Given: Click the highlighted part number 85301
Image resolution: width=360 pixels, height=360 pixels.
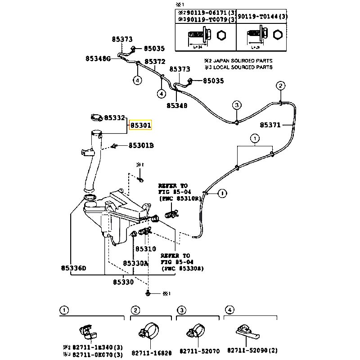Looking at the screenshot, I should pos(141,125).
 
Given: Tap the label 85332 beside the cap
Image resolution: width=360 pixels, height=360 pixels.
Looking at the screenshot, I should pos(114,117).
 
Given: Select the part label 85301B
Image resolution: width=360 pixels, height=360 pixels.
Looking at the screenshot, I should pos(141,145).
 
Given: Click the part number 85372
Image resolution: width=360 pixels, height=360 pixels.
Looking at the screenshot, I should pos(155,61).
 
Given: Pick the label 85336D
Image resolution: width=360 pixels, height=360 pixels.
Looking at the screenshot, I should pos(73,269).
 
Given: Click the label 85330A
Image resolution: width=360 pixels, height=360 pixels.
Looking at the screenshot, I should pos(136,263).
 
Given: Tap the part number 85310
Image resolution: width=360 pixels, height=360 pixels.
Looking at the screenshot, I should pos(146,249).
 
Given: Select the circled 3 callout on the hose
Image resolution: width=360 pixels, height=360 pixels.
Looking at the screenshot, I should pos(237,105).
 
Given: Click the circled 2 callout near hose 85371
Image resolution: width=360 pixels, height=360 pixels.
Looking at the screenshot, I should pos(280,86).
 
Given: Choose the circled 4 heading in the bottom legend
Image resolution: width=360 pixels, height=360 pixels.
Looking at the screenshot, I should pos(229,310).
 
